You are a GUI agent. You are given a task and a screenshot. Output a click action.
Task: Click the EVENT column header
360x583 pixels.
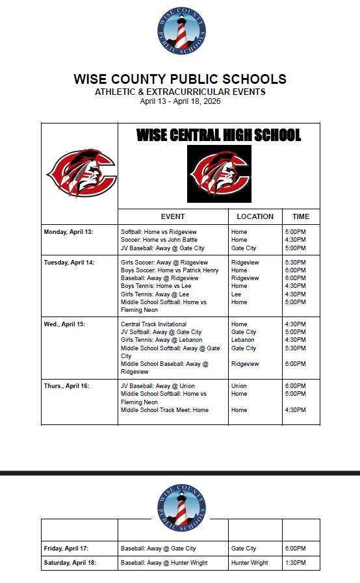tap(173, 216)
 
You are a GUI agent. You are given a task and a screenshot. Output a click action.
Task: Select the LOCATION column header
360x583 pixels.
tap(255, 216)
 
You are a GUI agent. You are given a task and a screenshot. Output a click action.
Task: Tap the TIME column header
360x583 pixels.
tap(301, 216)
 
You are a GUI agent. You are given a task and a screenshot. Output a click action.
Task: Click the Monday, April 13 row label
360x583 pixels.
tap(68, 232)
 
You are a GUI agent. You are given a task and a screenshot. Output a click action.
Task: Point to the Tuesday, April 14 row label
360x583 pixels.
tap(69, 263)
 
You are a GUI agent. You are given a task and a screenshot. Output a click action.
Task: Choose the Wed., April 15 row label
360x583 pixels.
tap(66, 324)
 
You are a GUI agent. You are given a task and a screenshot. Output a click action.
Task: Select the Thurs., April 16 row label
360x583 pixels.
tap(66, 386)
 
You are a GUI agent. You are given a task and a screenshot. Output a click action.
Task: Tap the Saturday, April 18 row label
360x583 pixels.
tap(70, 563)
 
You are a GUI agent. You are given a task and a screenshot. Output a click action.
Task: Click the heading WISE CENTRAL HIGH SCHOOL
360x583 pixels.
tap(218, 135)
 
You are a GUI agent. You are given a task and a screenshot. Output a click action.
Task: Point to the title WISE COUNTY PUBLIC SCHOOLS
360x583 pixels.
tap(180, 79)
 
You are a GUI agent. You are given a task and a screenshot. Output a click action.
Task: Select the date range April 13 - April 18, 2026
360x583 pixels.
tap(180, 101)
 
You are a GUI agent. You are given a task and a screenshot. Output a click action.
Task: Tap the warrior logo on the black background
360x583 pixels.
tap(219, 174)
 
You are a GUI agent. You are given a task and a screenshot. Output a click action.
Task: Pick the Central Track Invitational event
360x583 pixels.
tap(153, 324)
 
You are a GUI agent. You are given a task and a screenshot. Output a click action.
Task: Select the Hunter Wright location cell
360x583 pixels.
tap(250, 563)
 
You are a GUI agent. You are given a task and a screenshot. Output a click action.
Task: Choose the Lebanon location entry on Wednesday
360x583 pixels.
tap(242, 340)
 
